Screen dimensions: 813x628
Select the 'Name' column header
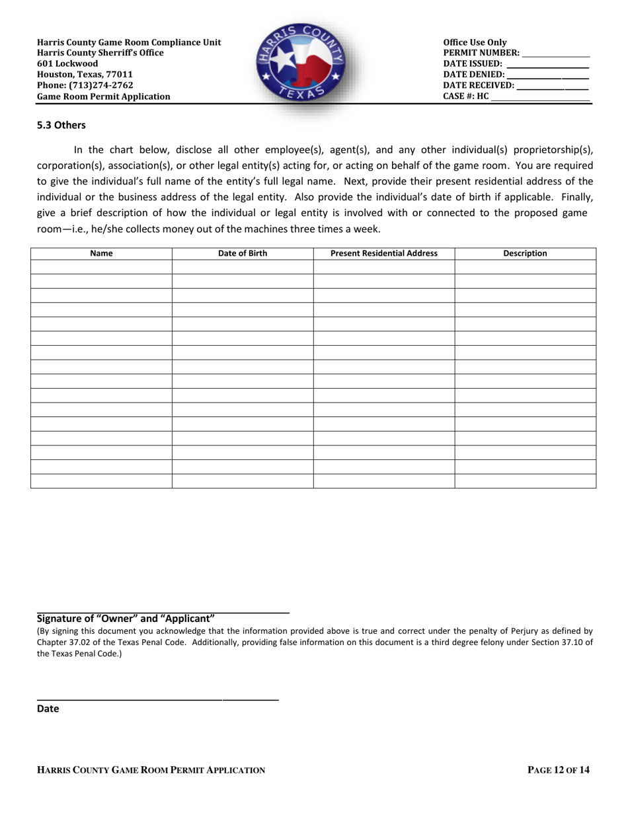click(101, 253)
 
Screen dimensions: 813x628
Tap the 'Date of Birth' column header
click(243, 253)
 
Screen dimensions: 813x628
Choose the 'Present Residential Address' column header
click(383, 253)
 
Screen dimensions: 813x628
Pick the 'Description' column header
click(525, 253)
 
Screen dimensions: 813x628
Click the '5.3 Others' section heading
click(61, 125)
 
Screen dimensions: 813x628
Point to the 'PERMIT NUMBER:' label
click(481, 54)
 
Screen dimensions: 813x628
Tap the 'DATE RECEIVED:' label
click(479, 85)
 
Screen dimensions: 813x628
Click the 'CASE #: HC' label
click(466, 96)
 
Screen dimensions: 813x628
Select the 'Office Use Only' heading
click(475, 43)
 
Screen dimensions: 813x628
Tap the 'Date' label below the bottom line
click(48, 709)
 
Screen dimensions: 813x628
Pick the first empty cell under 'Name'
click(101, 267)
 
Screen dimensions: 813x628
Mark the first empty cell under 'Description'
click(525, 267)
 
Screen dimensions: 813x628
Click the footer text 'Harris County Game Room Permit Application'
click(151, 770)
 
